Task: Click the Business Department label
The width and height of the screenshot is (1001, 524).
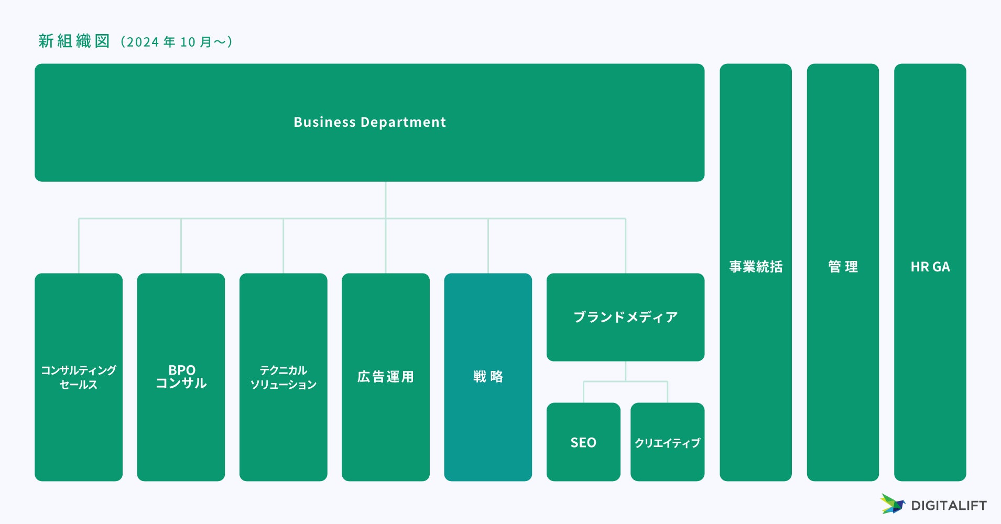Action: coord(369,122)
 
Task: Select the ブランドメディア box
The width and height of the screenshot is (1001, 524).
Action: coord(625,317)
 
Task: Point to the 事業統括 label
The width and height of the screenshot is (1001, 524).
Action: coord(756,267)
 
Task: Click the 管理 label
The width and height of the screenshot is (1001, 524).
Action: coord(843,267)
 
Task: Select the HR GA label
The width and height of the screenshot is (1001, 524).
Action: coord(930,267)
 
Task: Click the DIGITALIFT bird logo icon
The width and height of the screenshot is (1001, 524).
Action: coord(892,504)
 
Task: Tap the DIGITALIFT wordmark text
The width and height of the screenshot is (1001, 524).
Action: coord(949,506)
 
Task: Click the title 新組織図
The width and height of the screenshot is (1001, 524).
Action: coord(74,41)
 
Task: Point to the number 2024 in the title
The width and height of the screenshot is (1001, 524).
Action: coord(143,42)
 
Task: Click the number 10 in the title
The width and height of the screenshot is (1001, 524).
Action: coord(187,42)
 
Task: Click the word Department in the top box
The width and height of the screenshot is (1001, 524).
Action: coord(404,122)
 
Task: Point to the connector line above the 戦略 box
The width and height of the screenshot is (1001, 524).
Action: coord(488,245)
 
